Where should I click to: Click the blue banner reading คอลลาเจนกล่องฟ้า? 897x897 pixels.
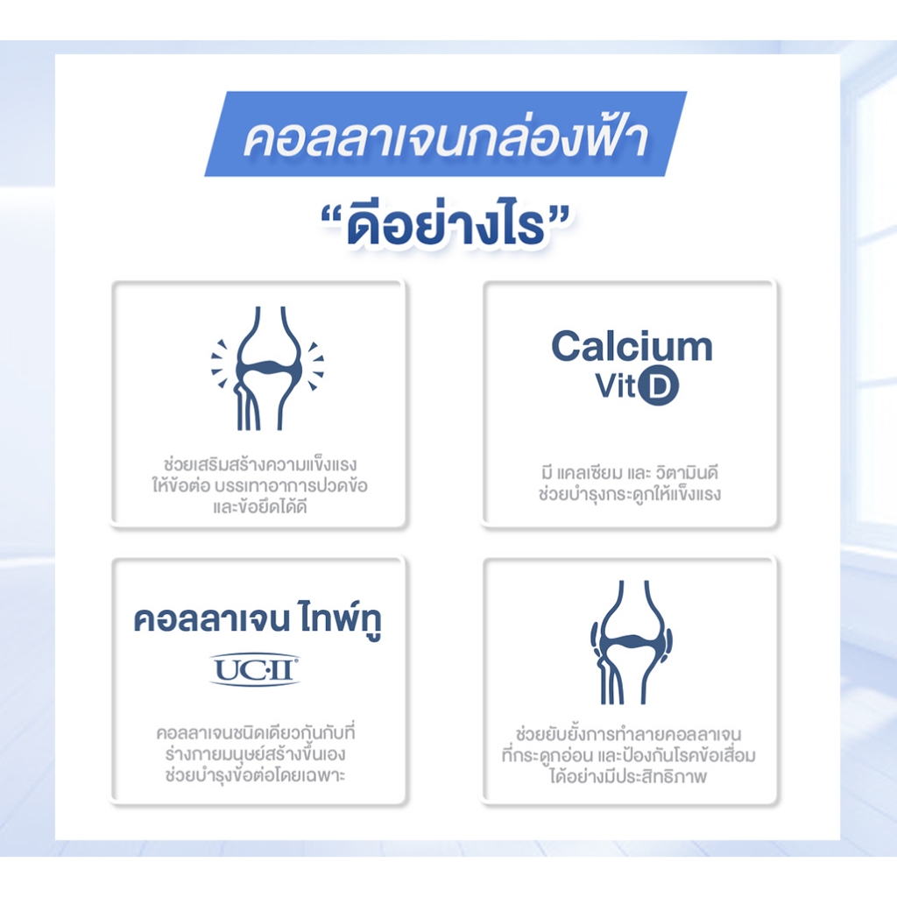[x=446, y=134]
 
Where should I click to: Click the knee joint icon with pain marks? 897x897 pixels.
[x=267, y=368]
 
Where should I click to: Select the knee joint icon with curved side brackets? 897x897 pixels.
[x=631, y=642]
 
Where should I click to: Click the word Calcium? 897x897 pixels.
[x=632, y=347]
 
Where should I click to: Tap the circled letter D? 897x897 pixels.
[x=659, y=386]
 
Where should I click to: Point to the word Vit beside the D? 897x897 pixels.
[x=616, y=386]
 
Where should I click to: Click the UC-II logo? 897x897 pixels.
[x=255, y=670]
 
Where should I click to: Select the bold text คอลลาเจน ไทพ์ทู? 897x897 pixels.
[x=258, y=621]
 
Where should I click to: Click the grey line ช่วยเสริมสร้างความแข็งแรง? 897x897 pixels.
[x=259, y=463]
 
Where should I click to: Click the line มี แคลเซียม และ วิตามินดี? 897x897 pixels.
[x=629, y=473]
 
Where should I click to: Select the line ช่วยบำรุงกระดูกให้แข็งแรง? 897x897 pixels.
[x=629, y=494]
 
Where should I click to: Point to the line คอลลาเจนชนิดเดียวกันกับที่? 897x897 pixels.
[x=256, y=733]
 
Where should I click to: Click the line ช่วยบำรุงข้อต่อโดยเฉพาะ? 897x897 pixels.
[x=256, y=776]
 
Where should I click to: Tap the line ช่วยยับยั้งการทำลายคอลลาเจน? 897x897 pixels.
[x=629, y=733]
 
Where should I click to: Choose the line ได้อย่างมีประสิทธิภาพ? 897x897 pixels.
[x=629, y=776]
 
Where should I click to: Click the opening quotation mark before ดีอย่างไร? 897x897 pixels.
[x=334, y=217]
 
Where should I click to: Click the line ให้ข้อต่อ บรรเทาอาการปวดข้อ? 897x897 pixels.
[x=259, y=485]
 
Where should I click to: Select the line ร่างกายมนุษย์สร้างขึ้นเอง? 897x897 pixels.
[x=256, y=754]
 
